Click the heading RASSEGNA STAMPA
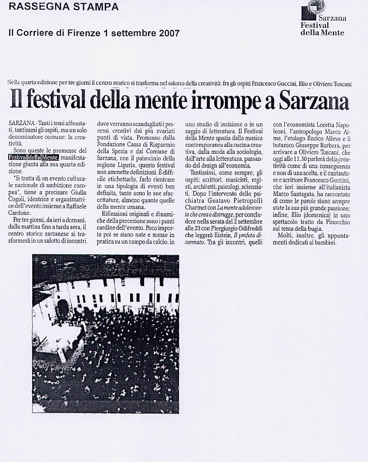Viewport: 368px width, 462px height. (64, 7)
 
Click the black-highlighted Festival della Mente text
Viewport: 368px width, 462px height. (34, 157)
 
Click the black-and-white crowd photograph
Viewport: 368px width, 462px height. (106, 334)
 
